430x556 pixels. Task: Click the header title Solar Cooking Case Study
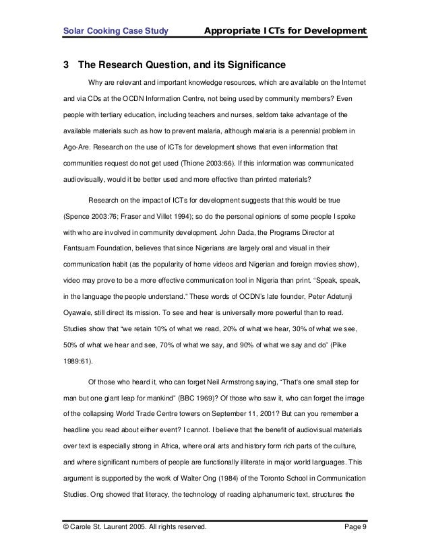coord(115,31)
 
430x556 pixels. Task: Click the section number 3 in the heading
coord(66,65)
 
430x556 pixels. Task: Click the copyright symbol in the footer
coord(67,525)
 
